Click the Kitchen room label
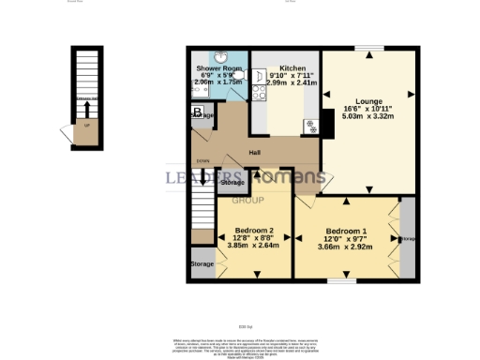[292, 67]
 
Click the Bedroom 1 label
[347, 231]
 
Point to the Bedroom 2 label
[254, 231]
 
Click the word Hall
[254, 153]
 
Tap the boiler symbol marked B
[198, 113]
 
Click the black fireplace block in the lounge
[327, 122]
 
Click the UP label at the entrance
[88, 124]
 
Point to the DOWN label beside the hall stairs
[202, 161]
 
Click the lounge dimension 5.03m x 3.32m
[367, 117]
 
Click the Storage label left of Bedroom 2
[202, 264]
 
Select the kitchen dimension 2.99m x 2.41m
[292, 83]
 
